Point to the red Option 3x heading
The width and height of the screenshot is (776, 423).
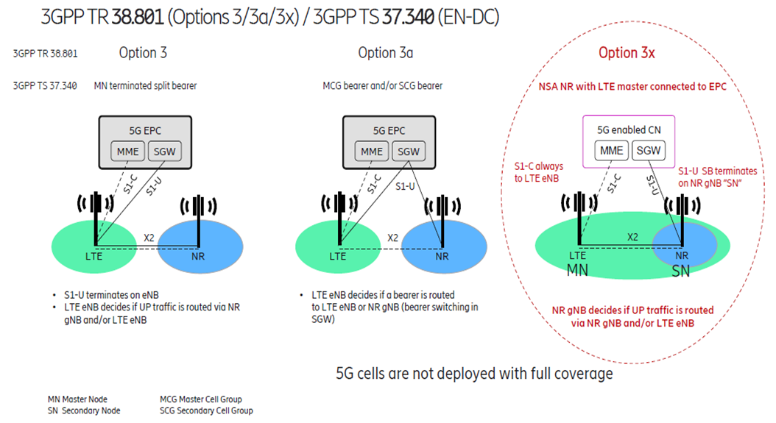tap(627, 53)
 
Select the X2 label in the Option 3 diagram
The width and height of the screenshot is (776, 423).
tap(149, 237)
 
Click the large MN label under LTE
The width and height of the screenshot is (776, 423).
tap(577, 270)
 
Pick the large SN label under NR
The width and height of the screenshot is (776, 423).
tap(682, 270)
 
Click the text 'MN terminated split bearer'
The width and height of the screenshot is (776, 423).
tap(145, 86)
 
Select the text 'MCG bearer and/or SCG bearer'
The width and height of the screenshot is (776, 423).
tap(383, 86)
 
